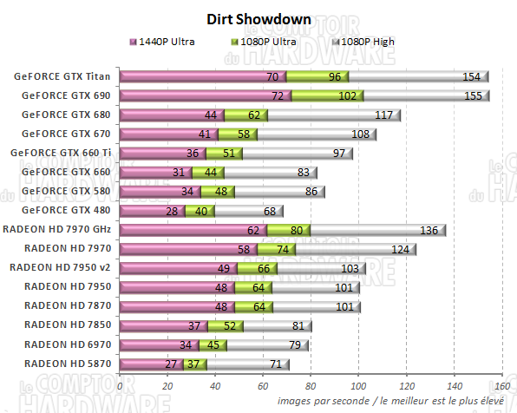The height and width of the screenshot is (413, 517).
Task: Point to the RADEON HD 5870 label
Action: click(68, 363)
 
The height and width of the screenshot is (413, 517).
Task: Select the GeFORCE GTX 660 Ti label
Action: click(62, 153)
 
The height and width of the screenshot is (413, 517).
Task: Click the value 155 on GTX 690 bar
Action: click(474, 95)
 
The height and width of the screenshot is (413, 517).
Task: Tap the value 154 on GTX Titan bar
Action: click(471, 76)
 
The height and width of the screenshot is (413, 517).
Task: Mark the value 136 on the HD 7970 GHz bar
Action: click(429, 229)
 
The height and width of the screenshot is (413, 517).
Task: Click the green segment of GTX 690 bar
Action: click(326, 95)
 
